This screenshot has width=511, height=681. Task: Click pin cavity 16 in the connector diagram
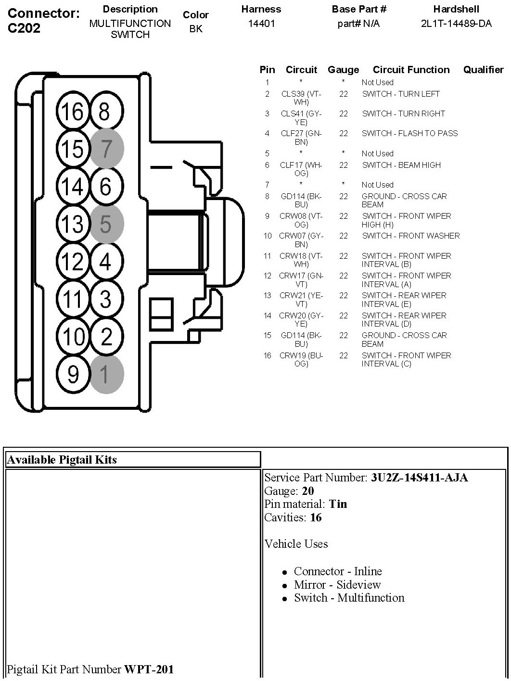point(73,112)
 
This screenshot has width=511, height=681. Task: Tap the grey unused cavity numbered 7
point(106,149)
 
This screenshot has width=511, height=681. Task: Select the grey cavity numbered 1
point(106,374)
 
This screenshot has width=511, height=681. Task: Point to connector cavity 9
point(73,374)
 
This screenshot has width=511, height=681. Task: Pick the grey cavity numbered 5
point(106,224)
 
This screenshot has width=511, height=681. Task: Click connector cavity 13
point(73,224)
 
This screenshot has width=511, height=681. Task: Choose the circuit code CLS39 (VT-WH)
point(301,98)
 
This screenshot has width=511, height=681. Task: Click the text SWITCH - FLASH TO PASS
point(409,133)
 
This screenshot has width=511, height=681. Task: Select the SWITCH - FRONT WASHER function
point(410,236)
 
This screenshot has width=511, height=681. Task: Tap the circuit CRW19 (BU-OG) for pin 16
point(301,359)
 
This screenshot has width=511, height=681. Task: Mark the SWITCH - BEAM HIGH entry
point(401,165)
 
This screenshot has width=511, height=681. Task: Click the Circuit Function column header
point(411,70)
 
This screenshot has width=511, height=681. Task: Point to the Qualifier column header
point(483,70)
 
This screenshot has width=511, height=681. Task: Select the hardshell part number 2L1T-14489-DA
point(456,24)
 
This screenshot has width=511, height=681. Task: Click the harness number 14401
point(261,24)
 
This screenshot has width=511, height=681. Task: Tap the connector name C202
point(24,28)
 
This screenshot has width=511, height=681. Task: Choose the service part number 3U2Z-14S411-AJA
point(419,478)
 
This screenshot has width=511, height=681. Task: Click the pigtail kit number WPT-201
point(149,669)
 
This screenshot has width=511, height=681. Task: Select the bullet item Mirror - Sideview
point(337,585)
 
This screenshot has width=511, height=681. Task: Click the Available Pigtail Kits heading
point(62,460)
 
